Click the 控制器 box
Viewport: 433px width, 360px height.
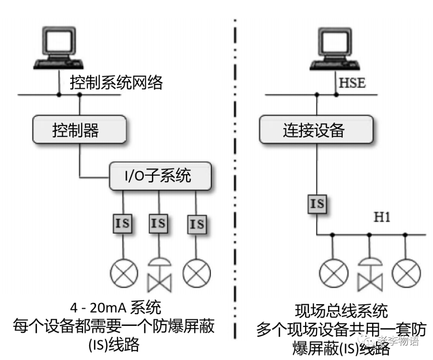click(79, 130)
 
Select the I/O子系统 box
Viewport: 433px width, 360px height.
click(160, 176)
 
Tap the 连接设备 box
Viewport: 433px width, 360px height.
click(314, 130)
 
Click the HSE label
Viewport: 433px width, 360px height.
click(352, 83)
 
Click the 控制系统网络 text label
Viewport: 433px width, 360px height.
click(116, 83)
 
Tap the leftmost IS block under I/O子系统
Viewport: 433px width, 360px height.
click(123, 223)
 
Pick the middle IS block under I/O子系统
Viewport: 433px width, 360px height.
click(159, 223)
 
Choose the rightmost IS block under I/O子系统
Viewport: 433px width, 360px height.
click(196, 224)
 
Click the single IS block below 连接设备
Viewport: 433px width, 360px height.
click(317, 203)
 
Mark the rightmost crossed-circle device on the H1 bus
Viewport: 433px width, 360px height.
click(406, 273)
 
